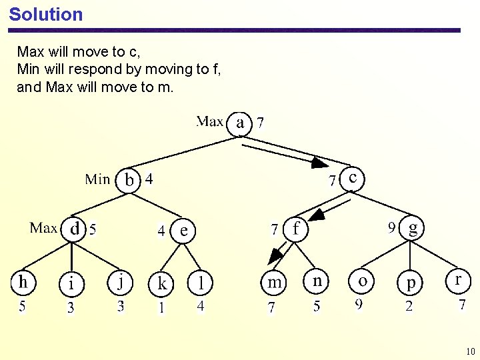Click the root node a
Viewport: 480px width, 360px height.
[x=240, y=123]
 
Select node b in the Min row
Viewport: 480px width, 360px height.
[x=129, y=180]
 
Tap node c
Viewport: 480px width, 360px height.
[x=352, y=179]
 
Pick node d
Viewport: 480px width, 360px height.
[x=74, y=229]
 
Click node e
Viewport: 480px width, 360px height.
[x=184, y=231]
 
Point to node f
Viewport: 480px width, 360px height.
[x=296, y=229]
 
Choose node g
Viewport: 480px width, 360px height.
[x=413, y=229]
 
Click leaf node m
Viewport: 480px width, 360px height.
[x=274, y=283]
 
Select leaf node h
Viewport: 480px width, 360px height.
[x=23, y=282]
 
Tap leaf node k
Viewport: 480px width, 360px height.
[x=161, y=283]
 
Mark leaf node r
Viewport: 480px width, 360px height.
[x=457, y=281]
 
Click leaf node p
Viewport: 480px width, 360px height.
[x=411, y=283]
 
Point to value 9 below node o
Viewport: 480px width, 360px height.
[x=359, y=305]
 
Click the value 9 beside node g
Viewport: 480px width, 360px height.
[x=393, y=228]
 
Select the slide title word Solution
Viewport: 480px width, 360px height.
[x=46, y=15]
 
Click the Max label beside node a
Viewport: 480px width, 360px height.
[x=209, y=122]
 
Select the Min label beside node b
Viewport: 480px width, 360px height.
[x=97, y=179]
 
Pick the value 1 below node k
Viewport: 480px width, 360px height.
[x=161, y=307]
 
